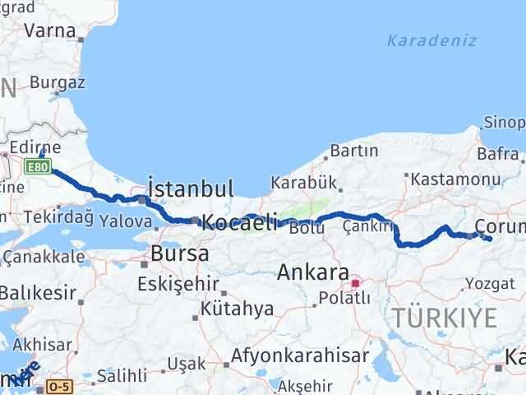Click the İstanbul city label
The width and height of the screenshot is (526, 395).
coord(191,188)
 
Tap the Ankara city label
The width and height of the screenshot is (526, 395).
coord(313,271)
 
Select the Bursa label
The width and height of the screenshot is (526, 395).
coord(175,253)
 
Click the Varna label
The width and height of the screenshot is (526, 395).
coord(51,30)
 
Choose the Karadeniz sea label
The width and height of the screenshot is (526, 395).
coord(421,39)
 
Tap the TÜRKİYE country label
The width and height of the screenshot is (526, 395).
coord(445,317)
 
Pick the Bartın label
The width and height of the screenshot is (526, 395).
coord(353,151)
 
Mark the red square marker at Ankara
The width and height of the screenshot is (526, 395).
coord(355,284)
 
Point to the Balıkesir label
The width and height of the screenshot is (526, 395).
coord(38,291)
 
